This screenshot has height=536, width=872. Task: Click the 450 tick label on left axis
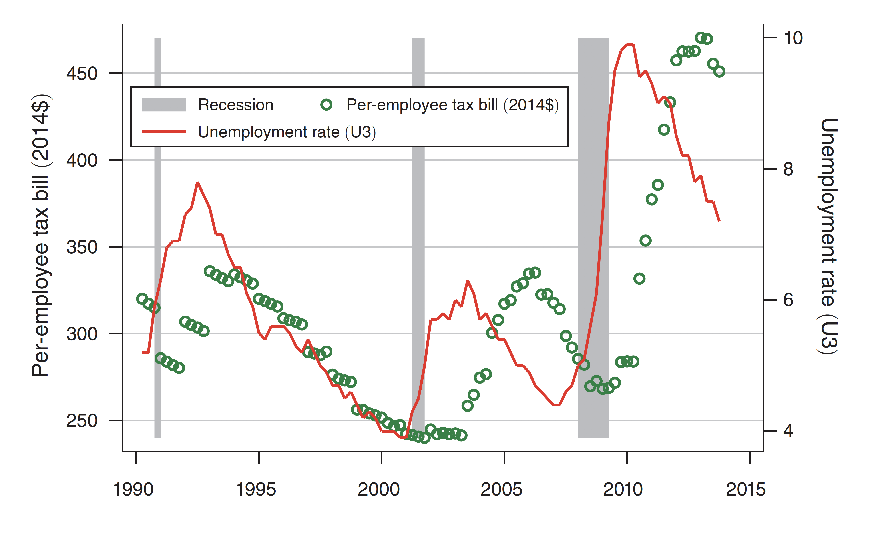coord(82,74)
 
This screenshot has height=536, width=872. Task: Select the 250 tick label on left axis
coord(82,421)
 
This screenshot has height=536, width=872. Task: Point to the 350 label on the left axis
coord(82,247)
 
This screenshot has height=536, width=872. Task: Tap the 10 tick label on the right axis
coord(793,38)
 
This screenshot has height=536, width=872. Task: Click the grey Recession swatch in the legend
coord(164,105)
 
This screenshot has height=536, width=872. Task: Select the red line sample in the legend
coord(164,132)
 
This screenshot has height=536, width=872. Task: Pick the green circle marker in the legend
coord(326,105)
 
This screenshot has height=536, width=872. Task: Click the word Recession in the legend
coord(236,105)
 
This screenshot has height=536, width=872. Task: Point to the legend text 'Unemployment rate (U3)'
coord(287,132)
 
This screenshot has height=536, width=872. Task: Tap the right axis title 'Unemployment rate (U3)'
coord(828,236)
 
